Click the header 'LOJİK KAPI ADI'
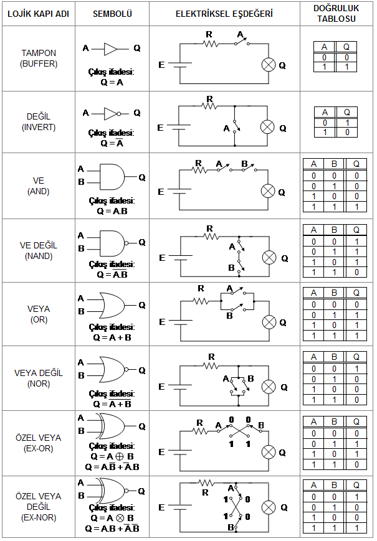tap(37, 14)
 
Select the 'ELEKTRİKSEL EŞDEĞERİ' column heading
tap(224, 14)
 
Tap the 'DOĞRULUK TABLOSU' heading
tap(338, 13)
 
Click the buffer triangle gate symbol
tap(111, 48)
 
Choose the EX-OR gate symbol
tap(112, 426)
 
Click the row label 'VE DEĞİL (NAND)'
tap(37, 250)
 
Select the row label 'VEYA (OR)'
tap(38, 314)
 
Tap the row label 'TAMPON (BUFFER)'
tap(38, 58)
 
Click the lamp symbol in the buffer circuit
tap(269, 65)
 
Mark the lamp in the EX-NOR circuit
tap(269, 507)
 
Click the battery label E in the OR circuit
tap(163, 322)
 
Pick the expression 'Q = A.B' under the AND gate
tap(112, 210)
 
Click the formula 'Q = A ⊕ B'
tap(112, 456)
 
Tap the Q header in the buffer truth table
tap(346, 47)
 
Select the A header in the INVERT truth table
tap(324, 112)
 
